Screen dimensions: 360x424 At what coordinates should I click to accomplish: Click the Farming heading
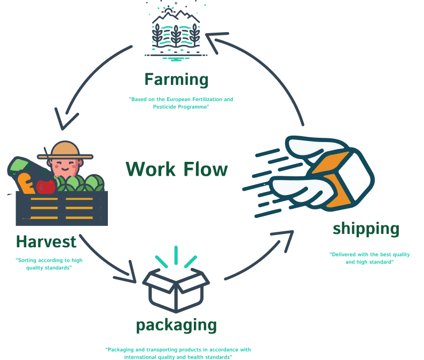pyautogui.click(x=176, y=80)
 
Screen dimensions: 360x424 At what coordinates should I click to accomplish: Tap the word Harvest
pyautogui.click(x=46, y=241)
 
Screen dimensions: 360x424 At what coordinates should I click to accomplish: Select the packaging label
pyautogui.click(x=176, y=325)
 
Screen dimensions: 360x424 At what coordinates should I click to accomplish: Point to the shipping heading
pyautogui.click(x=366, y=229)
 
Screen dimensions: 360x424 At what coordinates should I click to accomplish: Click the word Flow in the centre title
pyautogui.click(x=206, y=169)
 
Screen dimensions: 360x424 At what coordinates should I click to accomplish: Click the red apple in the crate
pyautogui.click(x=46, y=186)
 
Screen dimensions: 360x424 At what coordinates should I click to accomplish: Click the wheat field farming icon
pyautogui.click(x=176, y=32)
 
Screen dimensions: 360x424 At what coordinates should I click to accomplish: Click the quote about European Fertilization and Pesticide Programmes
pyautogui.click(x=181, y=103)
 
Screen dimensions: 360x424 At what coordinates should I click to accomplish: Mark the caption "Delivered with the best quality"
pyautogui.click(x=370, y=258)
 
